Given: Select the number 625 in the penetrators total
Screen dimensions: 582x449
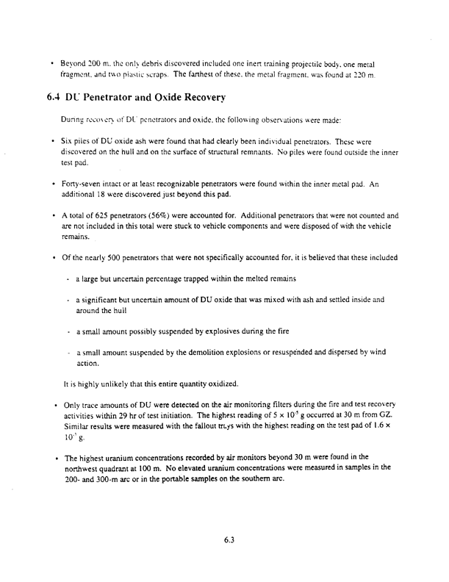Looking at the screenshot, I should point(99,216).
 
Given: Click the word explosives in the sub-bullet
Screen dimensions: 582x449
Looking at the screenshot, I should point(229,331).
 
